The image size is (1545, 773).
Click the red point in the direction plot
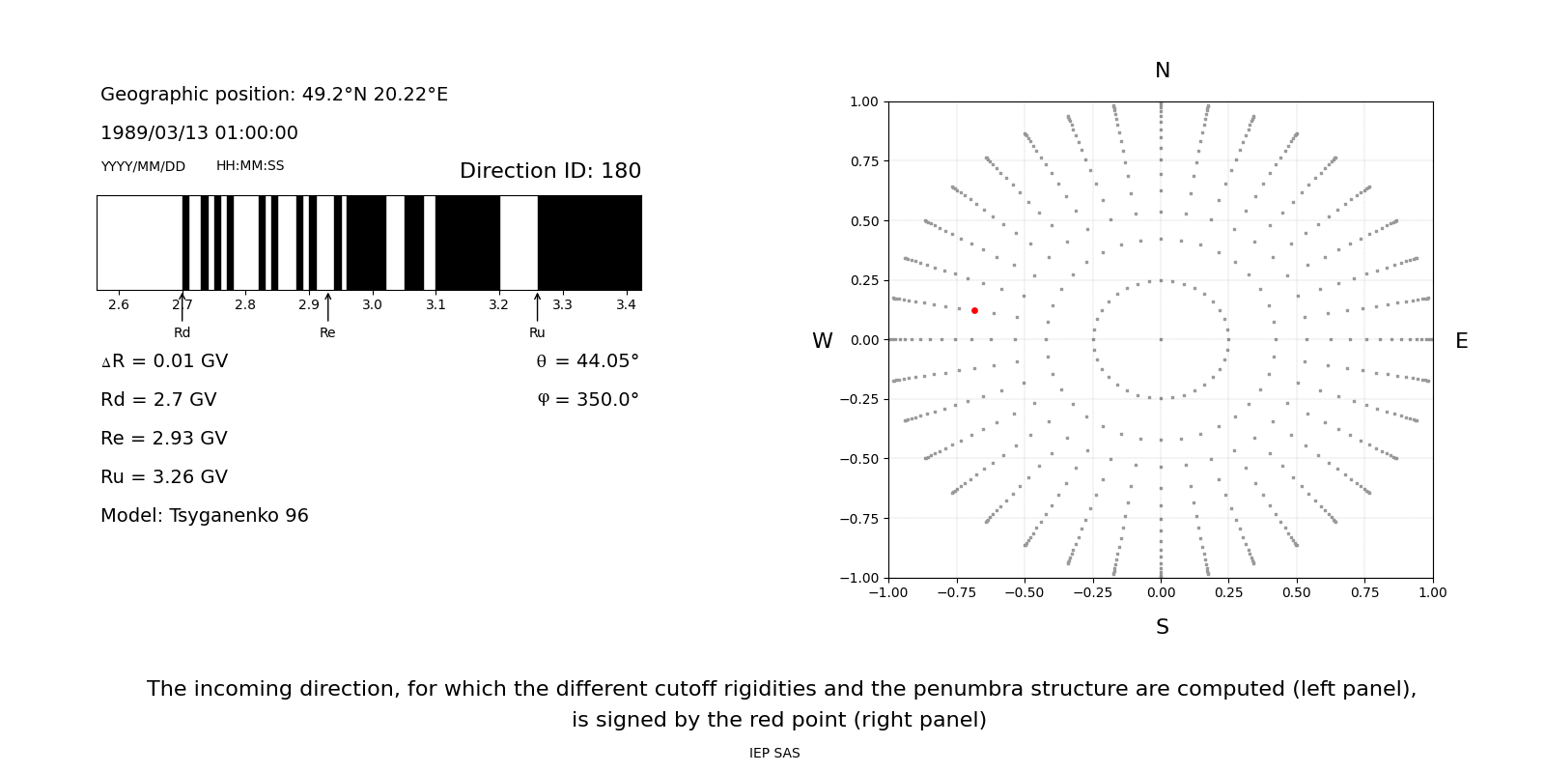point(974,310)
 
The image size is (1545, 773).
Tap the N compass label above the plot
point(1162,71)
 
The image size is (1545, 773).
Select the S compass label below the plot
point(1162,627)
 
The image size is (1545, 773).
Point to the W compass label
point(822,341)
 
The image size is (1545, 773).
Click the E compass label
point(1461,341)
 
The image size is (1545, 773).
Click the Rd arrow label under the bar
point(182,333)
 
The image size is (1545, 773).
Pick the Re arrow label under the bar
point(327,333)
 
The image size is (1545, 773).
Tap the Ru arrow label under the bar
point(537,333)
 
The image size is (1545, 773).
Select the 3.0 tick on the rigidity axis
point(372,305)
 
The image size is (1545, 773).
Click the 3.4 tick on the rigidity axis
point(626,305)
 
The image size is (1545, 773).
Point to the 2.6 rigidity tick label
point(119,305)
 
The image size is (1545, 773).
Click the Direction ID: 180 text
point(550,171)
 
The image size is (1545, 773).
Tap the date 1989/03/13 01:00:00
point(199,133)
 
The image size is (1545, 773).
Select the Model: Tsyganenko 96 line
point(205,516)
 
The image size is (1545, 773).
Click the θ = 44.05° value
point(587,361)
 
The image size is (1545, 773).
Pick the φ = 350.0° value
point(588,400)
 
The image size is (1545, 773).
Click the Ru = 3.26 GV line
point(164,477)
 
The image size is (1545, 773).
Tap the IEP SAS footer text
point(774,754)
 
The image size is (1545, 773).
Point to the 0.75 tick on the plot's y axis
point(864,161)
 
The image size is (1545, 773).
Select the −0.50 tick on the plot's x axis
point(1025,592)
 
